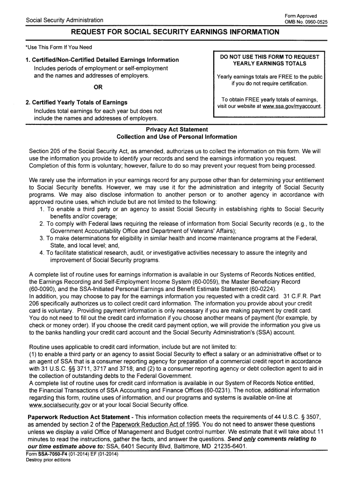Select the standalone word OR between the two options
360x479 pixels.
pyautogui.click(x=98, y=87)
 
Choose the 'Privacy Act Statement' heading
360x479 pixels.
pyautogui.click(x=177, y=129)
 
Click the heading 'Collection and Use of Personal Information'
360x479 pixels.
pyautogui.click(x=177, y=137)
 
